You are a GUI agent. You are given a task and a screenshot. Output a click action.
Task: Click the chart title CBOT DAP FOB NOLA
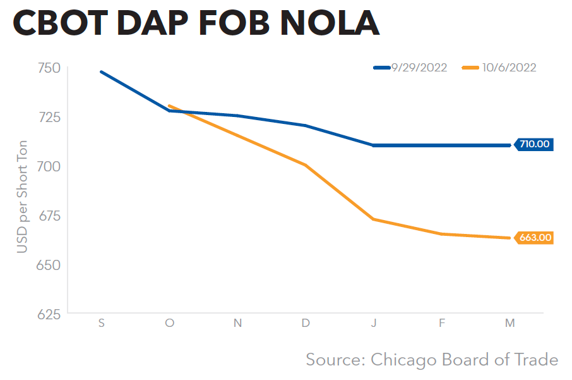pos(196,23)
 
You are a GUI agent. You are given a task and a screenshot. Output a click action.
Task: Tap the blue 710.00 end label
pos(534,144)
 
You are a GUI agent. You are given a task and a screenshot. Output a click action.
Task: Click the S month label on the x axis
pos(101,323)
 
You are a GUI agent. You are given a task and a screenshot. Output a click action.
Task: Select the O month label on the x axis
pos(169,323)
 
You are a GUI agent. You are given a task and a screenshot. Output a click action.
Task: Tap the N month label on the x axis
pos(237,323)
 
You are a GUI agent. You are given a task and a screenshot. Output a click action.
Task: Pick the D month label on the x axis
pos(306,323)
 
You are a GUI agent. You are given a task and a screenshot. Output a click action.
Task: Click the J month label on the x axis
pos(374,323)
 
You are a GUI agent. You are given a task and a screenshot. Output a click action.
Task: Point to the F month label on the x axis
pos(442,323)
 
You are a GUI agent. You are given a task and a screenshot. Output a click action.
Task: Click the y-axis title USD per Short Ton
pos(22,196)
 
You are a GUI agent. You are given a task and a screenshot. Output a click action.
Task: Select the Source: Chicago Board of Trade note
pos(432,360)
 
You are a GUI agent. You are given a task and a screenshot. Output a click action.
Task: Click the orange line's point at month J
pos(374,219)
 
